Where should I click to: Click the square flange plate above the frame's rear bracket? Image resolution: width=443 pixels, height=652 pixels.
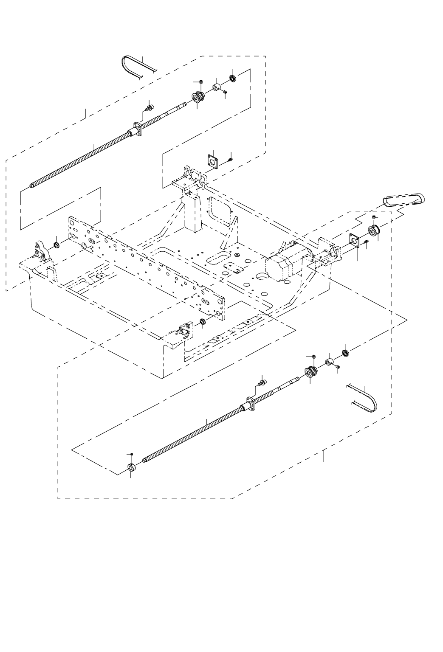point(213,162)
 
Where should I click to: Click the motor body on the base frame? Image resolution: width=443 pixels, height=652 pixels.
point(280,261)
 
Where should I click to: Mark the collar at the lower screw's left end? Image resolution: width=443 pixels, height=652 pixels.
point(131,468)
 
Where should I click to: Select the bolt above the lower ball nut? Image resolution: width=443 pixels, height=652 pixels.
point(262,382)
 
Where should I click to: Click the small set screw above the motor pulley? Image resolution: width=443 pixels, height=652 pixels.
point(373,217)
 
